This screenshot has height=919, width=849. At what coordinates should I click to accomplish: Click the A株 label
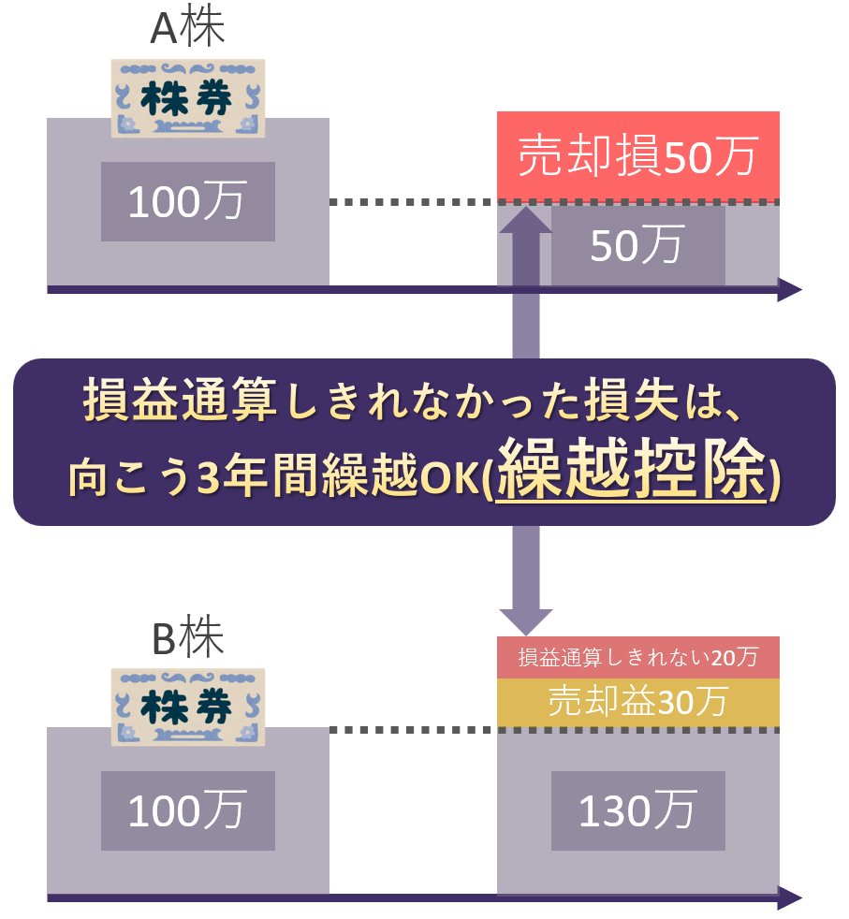187,28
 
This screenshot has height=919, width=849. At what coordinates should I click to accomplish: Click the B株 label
187,639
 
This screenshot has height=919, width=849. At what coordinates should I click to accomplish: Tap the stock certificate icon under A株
187,98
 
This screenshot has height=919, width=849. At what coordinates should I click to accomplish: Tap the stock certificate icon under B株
187,707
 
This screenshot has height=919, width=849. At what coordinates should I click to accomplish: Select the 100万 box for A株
187,202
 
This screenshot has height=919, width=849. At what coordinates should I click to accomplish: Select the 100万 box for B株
187,811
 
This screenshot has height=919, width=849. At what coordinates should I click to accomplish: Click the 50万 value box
637,245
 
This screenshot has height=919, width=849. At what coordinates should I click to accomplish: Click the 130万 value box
637,811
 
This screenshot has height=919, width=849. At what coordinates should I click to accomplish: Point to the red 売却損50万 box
637,156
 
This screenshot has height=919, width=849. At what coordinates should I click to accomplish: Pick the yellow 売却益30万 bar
637,702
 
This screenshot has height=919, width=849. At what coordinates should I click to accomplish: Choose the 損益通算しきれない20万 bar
637,658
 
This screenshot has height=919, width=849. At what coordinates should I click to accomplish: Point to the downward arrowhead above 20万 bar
525,620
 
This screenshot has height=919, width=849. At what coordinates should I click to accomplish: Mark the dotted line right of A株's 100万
412,202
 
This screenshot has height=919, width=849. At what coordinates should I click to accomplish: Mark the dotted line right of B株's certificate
412,729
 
